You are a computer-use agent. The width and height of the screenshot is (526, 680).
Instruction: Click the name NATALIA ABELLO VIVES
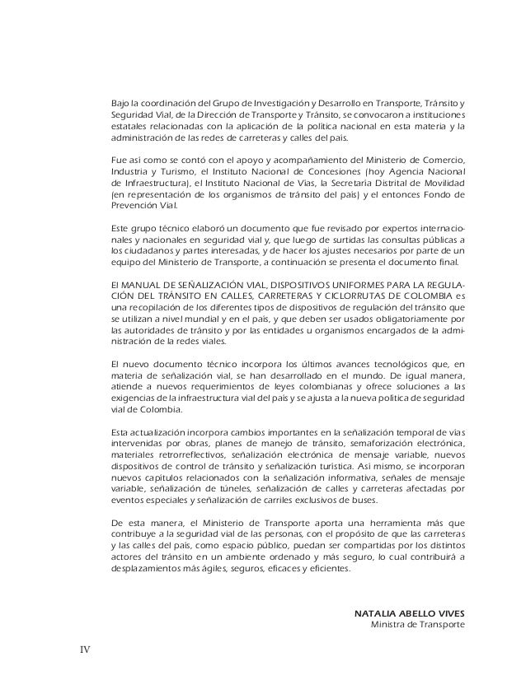409,613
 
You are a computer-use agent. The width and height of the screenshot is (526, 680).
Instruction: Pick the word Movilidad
444,182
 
